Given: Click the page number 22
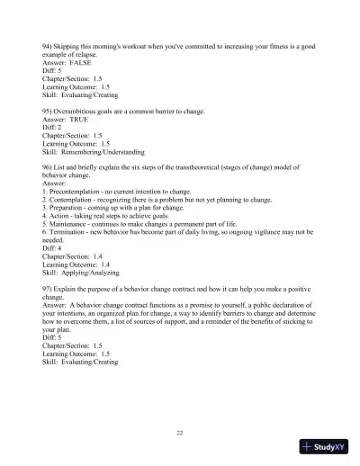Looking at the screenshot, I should point(180,433).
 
